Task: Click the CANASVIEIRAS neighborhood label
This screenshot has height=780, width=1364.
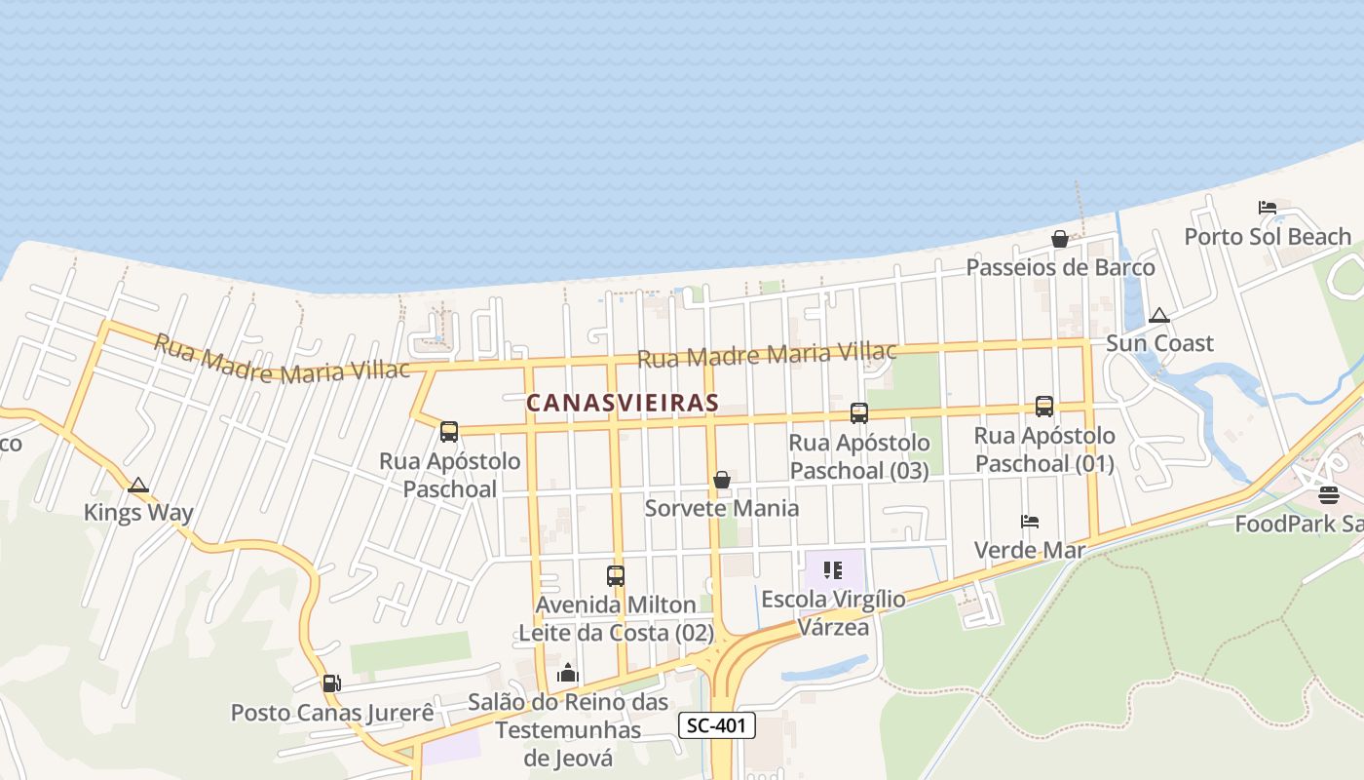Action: click(x=623, y=403)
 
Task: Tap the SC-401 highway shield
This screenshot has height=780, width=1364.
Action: click(x=717, y=724)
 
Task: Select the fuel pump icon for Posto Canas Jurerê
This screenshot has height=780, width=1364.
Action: click(x=331, y=683)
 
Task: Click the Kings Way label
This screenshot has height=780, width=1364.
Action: click(x=138, y=513)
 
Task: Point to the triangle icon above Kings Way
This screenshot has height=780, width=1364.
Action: click(x=138, y=485)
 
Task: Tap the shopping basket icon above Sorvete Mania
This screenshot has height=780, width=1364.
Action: click(x=722, y=480)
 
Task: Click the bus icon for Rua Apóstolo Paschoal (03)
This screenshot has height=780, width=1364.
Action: click(x=858, y=413)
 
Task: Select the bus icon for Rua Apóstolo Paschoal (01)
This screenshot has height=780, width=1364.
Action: click(x=1044, y=407)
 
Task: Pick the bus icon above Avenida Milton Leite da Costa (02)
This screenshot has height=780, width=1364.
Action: click(x=616, y=576)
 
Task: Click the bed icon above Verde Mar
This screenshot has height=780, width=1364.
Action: click(x=1030, y=522)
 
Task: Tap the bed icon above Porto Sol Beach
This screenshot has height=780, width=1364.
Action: click(x=1268, y=208)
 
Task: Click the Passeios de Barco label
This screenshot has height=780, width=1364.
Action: click(x=1060, y=267)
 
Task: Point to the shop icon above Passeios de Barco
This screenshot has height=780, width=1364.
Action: click(x=1060, y=239)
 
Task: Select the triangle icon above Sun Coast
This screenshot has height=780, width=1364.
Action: click(x=1158, y=315)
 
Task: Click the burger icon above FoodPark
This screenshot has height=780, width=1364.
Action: click(x=1329, y=495)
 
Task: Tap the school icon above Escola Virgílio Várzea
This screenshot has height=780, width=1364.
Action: click(x=832, y=570)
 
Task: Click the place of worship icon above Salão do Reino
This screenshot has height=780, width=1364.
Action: click(x=568, y=673)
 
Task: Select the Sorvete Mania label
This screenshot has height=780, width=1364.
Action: click(x=722, y=508)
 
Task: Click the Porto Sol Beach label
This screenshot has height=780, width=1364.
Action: click(x=1268, y=237)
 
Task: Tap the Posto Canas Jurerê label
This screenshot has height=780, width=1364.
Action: click(x=332, y=713)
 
